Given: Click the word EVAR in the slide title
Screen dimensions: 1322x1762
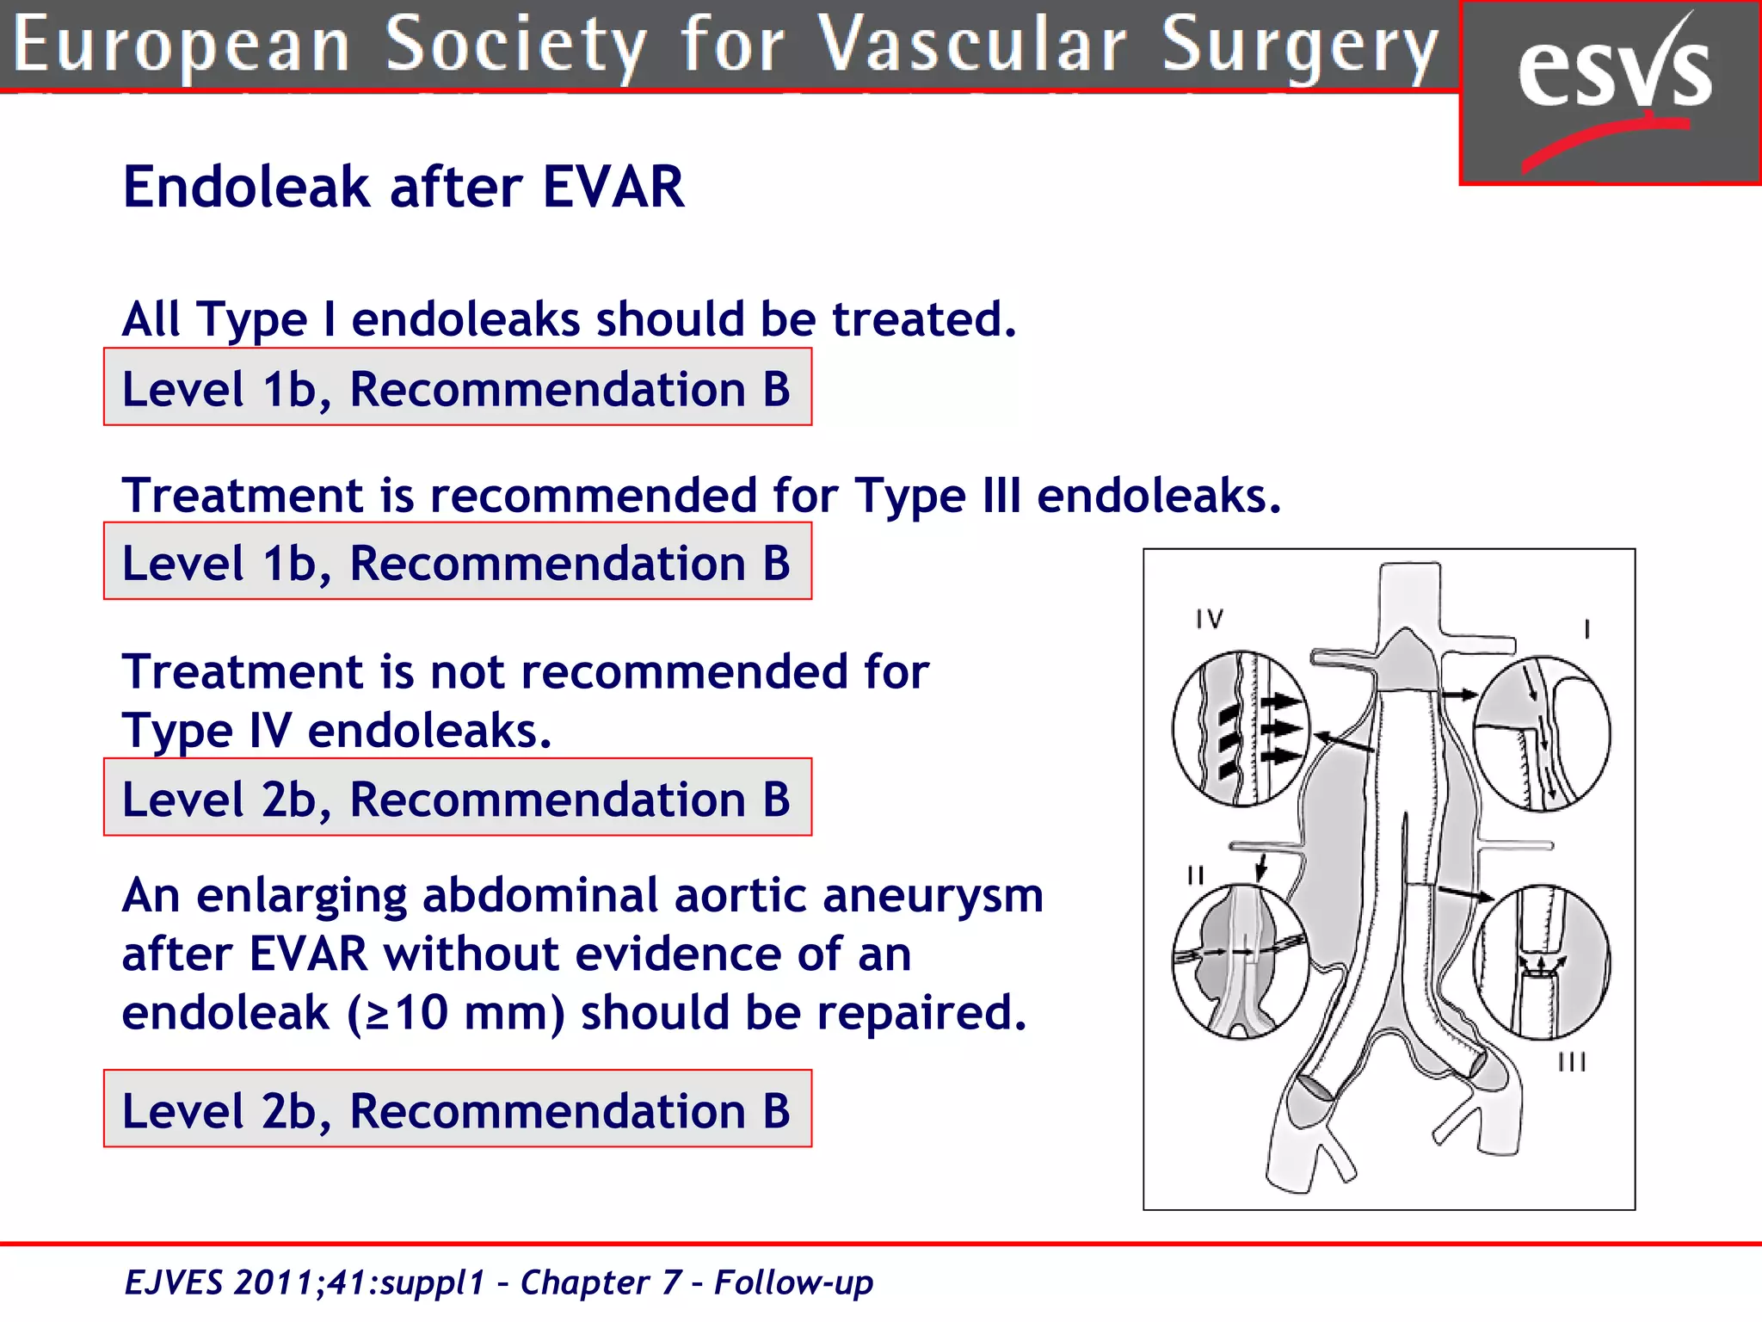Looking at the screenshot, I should [613, 187].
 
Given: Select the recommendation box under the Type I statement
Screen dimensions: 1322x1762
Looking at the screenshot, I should [457, 387].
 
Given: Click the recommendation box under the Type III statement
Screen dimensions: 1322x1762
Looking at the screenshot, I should [457, 561].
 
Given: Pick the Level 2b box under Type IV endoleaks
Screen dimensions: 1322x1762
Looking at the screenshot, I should [457, 797].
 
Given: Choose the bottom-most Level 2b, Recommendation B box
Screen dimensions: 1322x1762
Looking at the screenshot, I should [457, 1109].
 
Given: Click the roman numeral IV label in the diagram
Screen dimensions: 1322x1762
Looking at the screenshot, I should [1209, 619].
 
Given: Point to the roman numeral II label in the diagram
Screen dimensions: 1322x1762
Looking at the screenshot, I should [1195, 875].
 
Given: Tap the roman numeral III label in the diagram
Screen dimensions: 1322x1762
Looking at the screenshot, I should [1571, 1062].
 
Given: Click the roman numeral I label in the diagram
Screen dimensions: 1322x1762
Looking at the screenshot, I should [1586, 629].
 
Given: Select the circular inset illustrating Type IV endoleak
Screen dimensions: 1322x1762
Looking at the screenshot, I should [1240, 728].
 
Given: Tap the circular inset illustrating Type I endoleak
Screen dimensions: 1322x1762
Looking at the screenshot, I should [1541, 733].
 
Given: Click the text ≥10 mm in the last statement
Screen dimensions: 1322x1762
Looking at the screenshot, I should [456, 1012].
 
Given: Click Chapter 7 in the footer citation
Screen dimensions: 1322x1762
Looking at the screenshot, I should [601, 1282].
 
